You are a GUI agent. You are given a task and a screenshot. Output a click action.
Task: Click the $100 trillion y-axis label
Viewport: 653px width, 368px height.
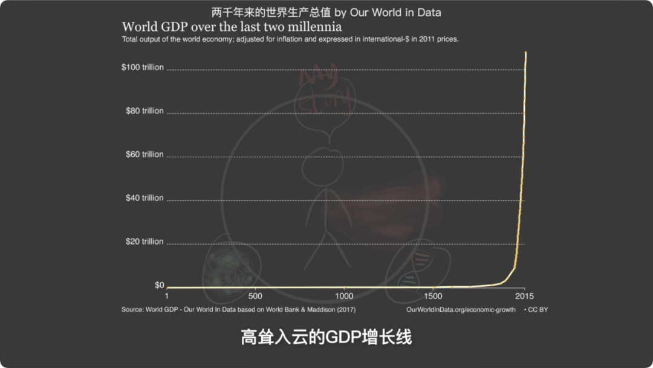(x=142, y=67)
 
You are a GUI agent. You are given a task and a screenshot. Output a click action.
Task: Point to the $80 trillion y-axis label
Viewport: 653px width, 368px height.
(x=145, y=111)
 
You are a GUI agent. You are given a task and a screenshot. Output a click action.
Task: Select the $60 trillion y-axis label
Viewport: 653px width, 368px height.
(x=145, y=154)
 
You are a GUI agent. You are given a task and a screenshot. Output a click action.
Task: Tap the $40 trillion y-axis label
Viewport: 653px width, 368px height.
(x=145, y=198)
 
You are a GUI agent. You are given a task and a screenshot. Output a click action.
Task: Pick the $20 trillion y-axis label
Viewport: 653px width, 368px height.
(x=145, y=241)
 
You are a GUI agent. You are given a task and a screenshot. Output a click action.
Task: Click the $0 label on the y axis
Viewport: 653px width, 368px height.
(x=159, y=285)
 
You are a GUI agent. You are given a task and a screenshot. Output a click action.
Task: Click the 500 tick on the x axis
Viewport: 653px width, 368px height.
(x=255, y=296)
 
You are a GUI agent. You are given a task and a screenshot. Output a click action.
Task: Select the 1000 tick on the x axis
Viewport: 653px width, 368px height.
(x=344, y=296)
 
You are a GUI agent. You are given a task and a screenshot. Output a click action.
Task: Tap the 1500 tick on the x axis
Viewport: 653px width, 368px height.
(x=433, y=296)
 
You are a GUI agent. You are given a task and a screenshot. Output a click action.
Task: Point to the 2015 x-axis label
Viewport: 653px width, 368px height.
(x=524, y=296)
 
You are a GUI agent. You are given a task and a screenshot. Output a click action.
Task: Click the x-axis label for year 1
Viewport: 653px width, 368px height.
(x=167, y=296)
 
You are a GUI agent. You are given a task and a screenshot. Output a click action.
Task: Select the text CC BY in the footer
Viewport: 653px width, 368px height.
(x=538, y=310)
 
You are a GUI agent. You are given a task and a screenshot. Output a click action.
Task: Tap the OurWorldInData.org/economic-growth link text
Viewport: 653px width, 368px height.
(x=461, y=310)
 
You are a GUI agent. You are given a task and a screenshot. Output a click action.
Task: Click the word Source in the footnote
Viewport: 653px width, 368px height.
(x=132, y=310)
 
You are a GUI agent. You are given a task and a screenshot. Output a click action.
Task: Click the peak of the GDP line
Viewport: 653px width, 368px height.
(x=525, y=53)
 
